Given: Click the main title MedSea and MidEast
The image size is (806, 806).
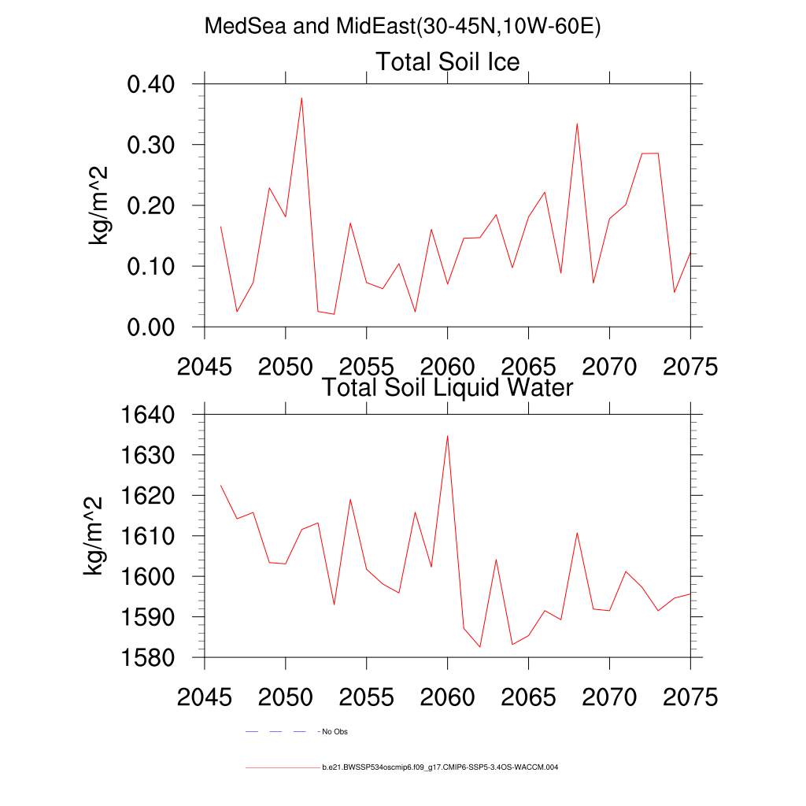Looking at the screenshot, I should (402, 27).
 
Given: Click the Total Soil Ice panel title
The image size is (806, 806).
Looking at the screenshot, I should (447, 61).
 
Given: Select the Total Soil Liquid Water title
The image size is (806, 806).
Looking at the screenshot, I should (447, 387).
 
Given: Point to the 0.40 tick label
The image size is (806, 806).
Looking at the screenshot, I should (161, 84).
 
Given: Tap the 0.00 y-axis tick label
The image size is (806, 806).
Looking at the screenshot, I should (161, 327).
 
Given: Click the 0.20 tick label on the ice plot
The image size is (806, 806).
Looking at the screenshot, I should (161, 205).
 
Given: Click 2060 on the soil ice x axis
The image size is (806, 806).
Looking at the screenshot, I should (447, 367).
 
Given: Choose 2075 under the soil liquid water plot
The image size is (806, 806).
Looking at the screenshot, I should (690, 697).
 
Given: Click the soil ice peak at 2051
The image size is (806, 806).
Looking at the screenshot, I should (301, 98).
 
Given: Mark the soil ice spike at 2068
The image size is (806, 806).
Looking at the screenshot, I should (577, 124).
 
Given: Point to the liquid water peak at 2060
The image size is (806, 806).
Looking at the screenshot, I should (447, 435).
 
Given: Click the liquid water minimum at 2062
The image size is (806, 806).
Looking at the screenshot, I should (479, 647).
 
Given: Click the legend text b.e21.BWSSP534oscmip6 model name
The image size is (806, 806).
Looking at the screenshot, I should (440, 767).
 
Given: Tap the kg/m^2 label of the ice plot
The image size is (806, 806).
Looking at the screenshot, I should (99, 205).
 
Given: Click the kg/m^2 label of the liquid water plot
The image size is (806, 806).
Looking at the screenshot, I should (94, 536).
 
